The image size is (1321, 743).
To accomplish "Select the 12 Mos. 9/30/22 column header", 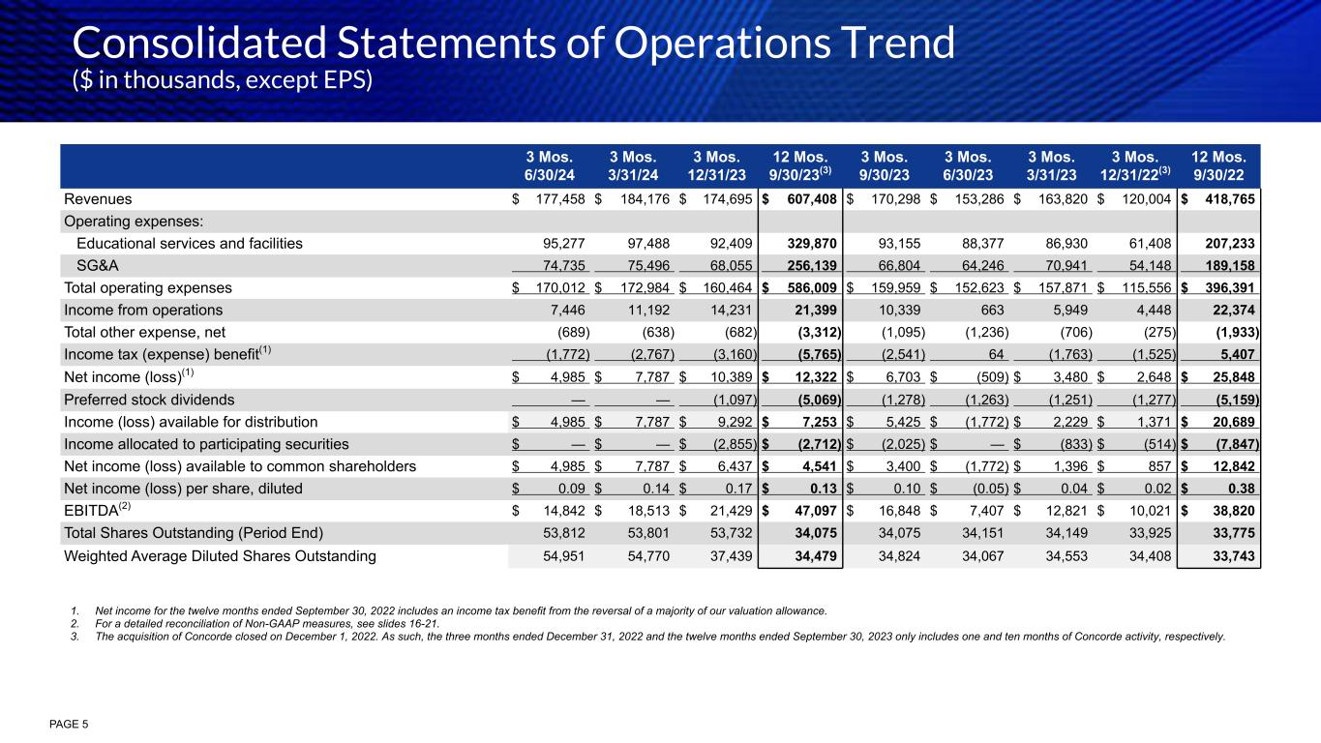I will (1218, 165).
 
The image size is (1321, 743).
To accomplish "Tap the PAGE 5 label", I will (67, 723).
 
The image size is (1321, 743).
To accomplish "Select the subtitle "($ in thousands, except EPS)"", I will (223, 80).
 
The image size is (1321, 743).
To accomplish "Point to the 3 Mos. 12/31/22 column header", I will (1135, 165).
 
